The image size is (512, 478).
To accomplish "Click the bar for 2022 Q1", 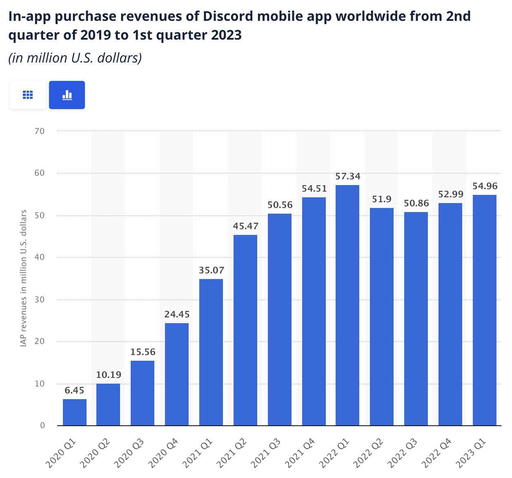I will (347, 305).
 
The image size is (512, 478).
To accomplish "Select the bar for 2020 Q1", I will (75, 412).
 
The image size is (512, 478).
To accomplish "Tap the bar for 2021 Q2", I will (245, 330).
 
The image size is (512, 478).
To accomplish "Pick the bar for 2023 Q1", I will (485, 310).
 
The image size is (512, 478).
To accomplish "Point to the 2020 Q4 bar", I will (177, 374).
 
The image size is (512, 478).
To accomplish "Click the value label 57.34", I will (348, 176).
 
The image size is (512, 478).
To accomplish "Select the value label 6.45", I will (74, 391).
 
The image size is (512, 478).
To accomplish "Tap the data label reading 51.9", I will (382, 199).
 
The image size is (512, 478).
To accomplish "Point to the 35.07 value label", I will (211, 270).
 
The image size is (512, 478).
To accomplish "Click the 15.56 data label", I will (143, 352).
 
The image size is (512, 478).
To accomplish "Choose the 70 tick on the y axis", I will (40, 131).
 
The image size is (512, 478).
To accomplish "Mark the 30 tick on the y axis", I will (40, 299).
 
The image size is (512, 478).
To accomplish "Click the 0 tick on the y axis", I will (42, 426).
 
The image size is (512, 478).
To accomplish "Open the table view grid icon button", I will (28, 95).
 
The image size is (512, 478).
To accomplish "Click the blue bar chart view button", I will (67, 95).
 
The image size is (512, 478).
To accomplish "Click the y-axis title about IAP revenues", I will (24, 278).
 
